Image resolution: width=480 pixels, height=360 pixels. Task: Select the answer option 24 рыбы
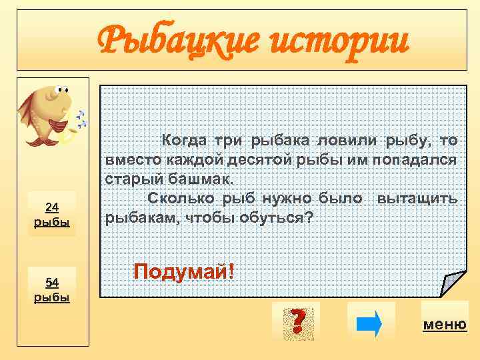pos(52,214)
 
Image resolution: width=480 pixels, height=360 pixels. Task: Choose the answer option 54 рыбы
pos(52,289)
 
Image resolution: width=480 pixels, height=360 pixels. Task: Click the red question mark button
pos(297,321)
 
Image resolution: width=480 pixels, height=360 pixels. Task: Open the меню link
pos(445,325)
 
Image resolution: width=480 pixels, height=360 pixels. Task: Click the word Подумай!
pos(184,271)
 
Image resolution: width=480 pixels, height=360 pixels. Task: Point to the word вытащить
pos(417,199)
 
